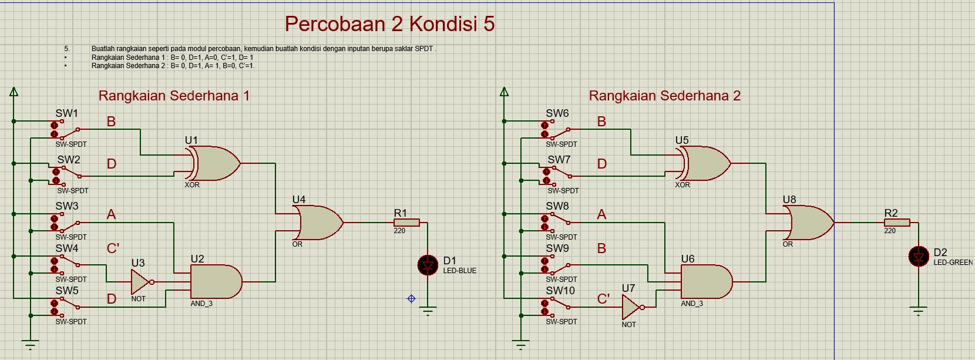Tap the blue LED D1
coord(428,265)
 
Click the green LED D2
coord(919,257)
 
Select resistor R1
coord(406,223)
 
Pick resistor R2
coord(897,223)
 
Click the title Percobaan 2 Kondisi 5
coord(389,24)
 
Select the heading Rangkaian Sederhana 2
coord(664,96)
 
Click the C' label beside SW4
coord(113,248)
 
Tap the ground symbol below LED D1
coord(428,311)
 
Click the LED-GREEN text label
coord(953,263)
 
